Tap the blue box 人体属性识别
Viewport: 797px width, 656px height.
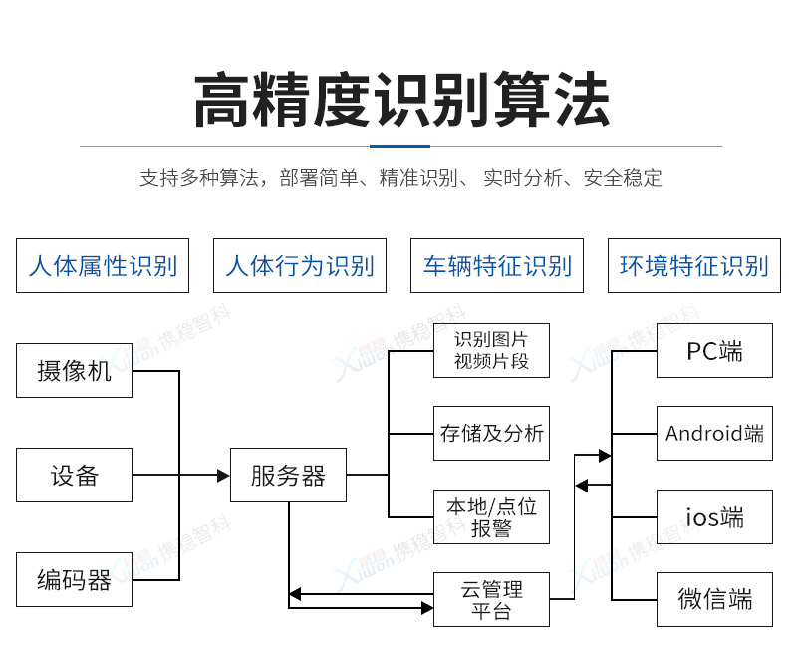point(103,266)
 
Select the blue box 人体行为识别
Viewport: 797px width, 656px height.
point(300,266)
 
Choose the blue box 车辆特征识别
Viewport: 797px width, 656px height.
point(497,266)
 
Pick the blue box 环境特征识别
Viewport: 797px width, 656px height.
point(694,266)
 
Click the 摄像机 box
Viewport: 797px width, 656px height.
point(74,371)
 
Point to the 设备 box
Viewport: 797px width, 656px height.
point(74,475)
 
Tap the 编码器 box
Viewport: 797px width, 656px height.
point(74,579)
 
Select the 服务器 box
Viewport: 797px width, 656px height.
point(288,476)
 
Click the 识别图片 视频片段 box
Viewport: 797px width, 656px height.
point(491,350)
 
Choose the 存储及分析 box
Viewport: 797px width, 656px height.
point(491,433)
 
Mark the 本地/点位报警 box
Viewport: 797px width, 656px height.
point(491,516)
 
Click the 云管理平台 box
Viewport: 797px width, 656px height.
point(491,599)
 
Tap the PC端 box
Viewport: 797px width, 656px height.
point(714,350)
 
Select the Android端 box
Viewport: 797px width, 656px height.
point(714,433)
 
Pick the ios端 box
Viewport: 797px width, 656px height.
point(714,516)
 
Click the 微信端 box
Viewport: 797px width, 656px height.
point(714,599)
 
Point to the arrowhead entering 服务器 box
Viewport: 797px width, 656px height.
point(224,476)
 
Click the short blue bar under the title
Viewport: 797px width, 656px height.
point(399,146)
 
